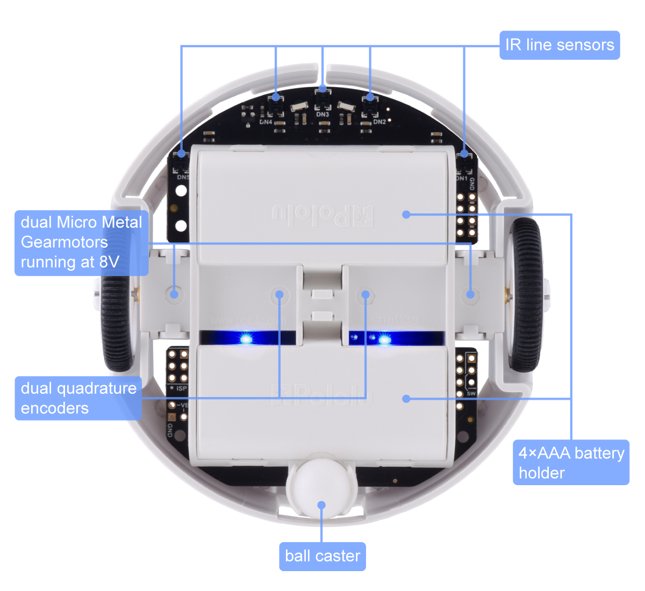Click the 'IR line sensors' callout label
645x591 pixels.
point(560,45)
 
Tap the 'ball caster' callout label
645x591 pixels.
point(322,556)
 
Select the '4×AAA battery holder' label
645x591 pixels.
point(571,463)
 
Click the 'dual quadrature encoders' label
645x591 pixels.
point(78,398)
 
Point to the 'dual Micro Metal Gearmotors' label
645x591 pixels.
point(81,242)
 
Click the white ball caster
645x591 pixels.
point(321,486)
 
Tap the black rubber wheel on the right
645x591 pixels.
point(526,295)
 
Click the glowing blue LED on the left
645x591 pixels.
point(246,338)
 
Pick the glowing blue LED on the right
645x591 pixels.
point(384,338)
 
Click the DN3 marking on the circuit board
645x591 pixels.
point(322,114)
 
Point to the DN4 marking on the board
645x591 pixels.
point(266,122)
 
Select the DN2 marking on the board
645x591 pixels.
point(379,122)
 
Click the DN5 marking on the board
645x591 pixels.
point(183,177)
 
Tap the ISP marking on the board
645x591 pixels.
point(182,388)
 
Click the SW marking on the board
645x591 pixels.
point(471,394)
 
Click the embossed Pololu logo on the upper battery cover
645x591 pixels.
point(322,215)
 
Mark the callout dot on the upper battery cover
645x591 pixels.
point(406,214)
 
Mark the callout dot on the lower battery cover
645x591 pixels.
point(406,399)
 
